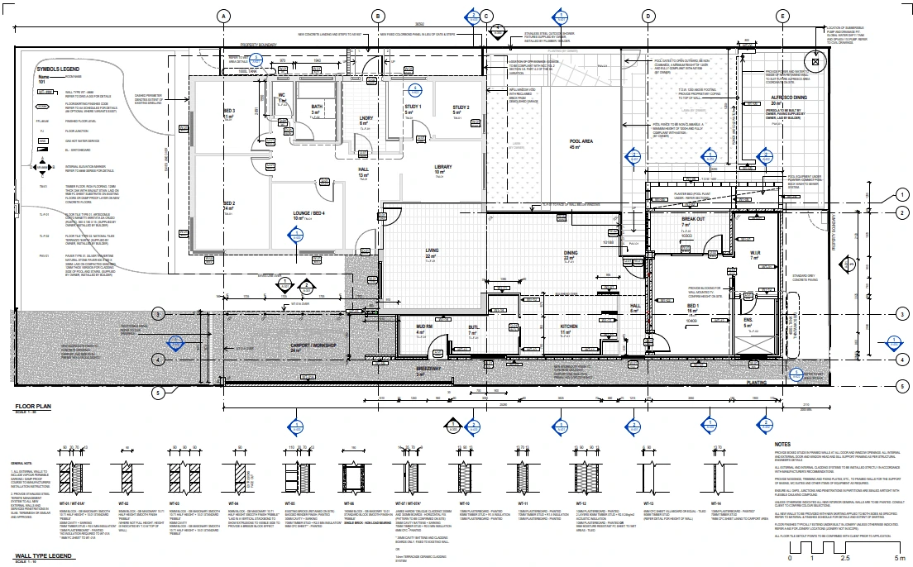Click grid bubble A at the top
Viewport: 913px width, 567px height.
tap(222, 16)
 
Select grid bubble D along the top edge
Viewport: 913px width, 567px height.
tap(648, 16)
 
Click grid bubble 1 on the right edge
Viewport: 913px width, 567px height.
tap(901, 195)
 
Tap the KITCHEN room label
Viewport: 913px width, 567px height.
tap(569, 327)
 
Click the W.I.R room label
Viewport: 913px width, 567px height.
tap(754, 253)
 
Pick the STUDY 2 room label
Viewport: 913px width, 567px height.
tap(461, 108)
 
